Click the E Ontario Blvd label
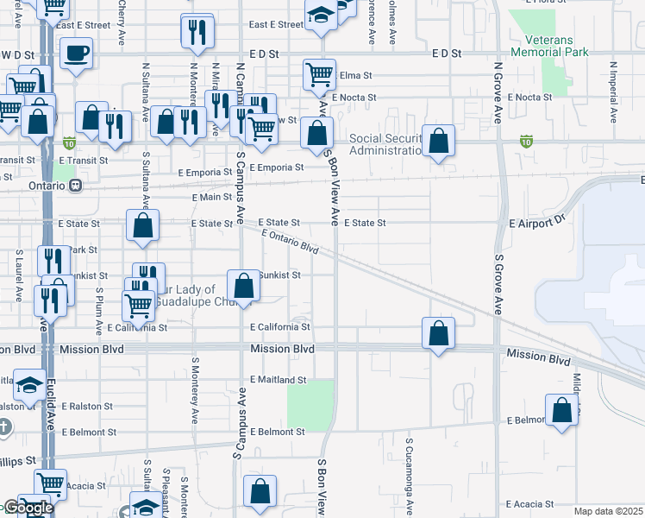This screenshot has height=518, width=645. tap(289, 241)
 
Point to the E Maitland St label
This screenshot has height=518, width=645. tap(279, 380)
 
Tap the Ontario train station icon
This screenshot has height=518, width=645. tap(77, 185)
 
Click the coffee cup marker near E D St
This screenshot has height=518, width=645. tap(76, 54)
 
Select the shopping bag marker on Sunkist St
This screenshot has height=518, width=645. tap(244, 286)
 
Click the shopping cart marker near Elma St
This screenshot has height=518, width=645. tap(319, 75)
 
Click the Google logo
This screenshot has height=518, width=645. tap(28, 509)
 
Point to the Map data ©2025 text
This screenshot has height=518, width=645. tap(608, 511)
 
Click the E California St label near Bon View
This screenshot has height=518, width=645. tap(280, 327)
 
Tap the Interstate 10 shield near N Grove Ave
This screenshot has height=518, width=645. tap(526, 141)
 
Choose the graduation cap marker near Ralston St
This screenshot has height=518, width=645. tap(30, 384)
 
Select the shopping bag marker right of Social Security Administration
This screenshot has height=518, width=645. tap(438, 142)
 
